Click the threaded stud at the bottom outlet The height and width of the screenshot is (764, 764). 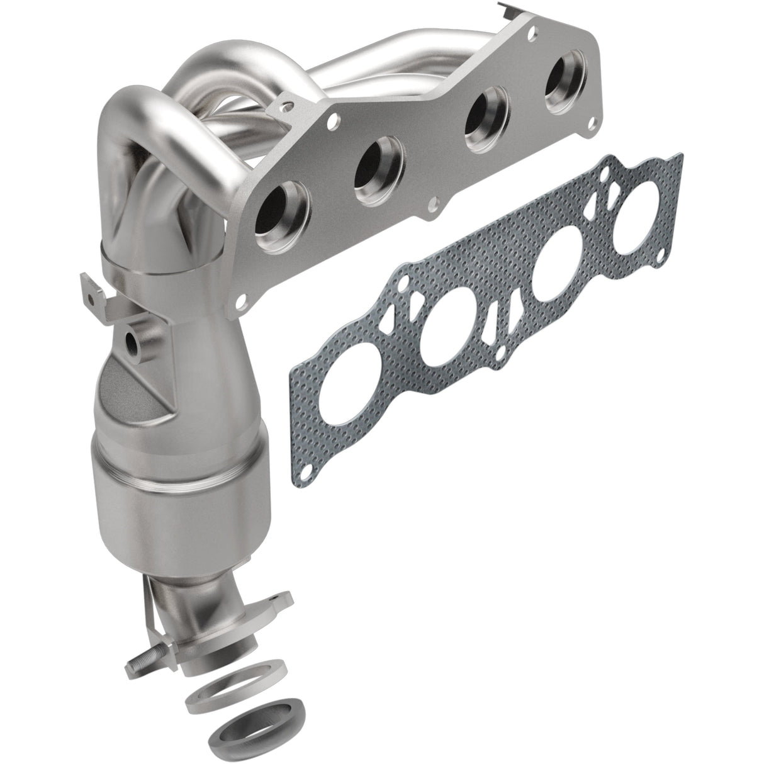point(139,663)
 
